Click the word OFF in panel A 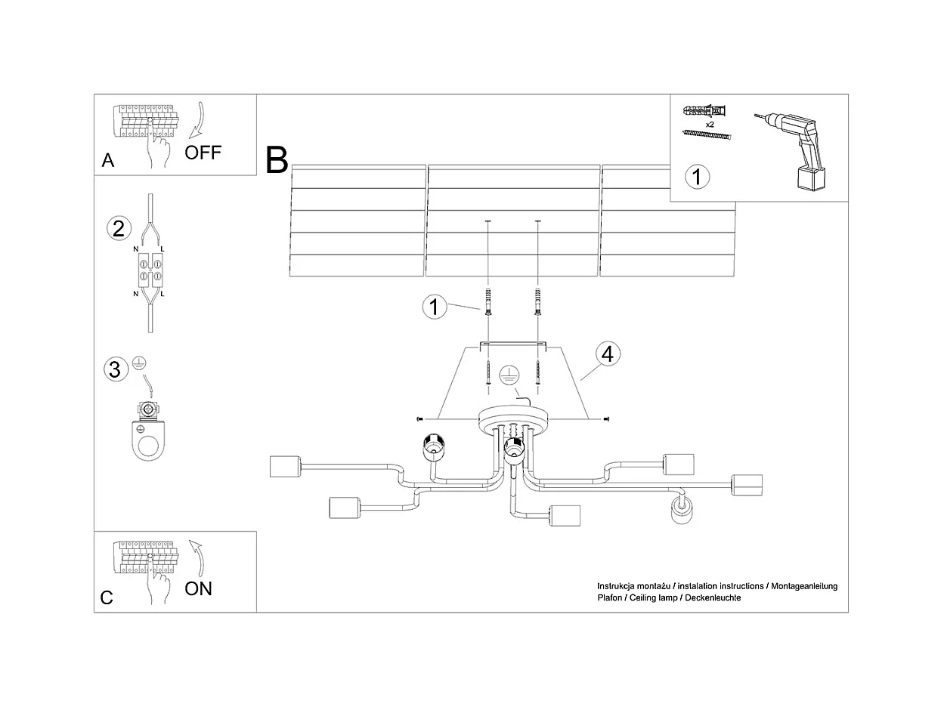click(203, 152)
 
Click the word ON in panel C click(198, 588)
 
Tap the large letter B click(277, 159)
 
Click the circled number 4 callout click(608, 353)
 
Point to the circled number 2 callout click(119, 228)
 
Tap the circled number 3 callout click(114, 369)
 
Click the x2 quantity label click(710, 123)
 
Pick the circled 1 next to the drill click(697, 177)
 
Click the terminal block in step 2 click(150, 270)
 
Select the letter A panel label click(108, 160)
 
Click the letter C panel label click(107, 597)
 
